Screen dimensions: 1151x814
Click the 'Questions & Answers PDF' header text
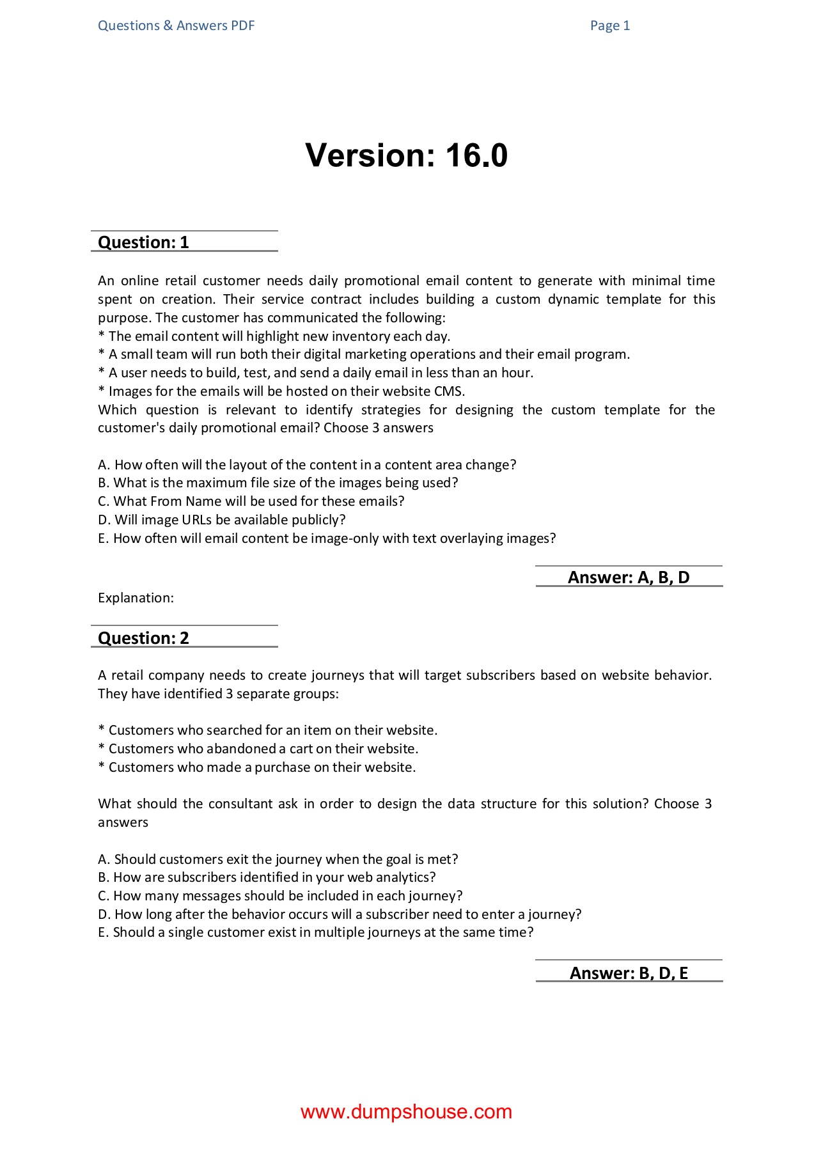[x=176, y=26]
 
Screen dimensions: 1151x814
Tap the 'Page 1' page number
[x=609, y=26]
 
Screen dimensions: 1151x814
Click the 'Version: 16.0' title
[x=406, y=155]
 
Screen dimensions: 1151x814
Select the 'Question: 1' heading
[x=143, y=242]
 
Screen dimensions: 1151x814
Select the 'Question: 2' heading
[x=143, y=638]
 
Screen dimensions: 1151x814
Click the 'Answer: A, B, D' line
[x=629, y=577]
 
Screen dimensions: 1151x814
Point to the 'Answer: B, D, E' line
[x=629, y=973]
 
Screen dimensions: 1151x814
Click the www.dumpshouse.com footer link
[x=406, y=1112]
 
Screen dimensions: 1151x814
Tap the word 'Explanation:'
[x=136, y=598]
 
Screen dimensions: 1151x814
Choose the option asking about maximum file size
[x=278, y=483]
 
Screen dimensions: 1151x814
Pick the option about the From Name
[x=251, y=501]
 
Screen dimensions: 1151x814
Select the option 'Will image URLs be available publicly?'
[x=222, y=520]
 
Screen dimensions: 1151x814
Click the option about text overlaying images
[x=327, y=538]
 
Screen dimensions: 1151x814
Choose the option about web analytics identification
[x=267, y=877]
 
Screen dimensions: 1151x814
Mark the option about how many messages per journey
[x=280, y=896]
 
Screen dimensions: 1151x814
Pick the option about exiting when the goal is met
[x=278, y=859]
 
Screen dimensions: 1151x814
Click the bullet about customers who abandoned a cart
[x=258, y=749]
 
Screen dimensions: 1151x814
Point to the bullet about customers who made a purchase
[x=257, y=767]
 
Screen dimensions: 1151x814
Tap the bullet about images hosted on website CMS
[x=281, y=391]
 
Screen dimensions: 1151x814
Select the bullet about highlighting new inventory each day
[x=274, y=336]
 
